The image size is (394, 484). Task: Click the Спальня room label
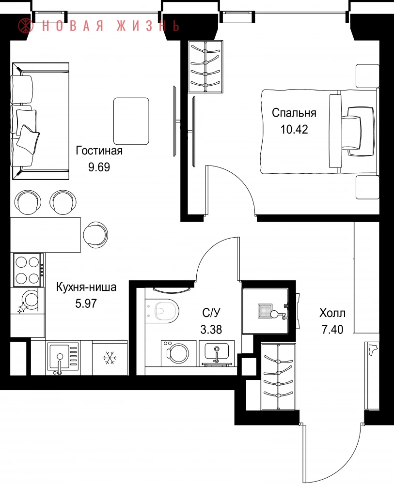coord(294,113)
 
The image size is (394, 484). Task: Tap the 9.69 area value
coord(99,167)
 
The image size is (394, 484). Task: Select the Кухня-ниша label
coord(86,287)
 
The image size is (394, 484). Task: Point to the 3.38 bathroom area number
coord(211,330)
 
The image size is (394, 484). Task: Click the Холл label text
coord(332,313)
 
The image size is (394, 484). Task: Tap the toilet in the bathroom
coord(162,311)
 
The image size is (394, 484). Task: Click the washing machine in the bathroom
coord(178,353)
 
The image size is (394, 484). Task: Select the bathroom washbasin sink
coord(217,353)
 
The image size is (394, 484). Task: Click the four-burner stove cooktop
coord(27,270)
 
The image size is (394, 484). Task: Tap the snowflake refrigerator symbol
coord(110,358)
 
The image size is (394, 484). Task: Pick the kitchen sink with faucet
coord(63,358)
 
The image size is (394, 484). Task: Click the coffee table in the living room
coord(131,121)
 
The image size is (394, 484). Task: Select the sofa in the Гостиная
coord(40,121)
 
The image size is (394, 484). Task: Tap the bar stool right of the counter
coord(96,234)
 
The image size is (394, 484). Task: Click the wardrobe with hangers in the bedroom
coord(205,66)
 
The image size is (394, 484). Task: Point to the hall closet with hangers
coord(279,377)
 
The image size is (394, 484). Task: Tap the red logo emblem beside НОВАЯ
coord(26,25)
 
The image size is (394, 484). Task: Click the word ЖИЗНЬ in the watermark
coord(148,26)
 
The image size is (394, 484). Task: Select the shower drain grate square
coord(265,311)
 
